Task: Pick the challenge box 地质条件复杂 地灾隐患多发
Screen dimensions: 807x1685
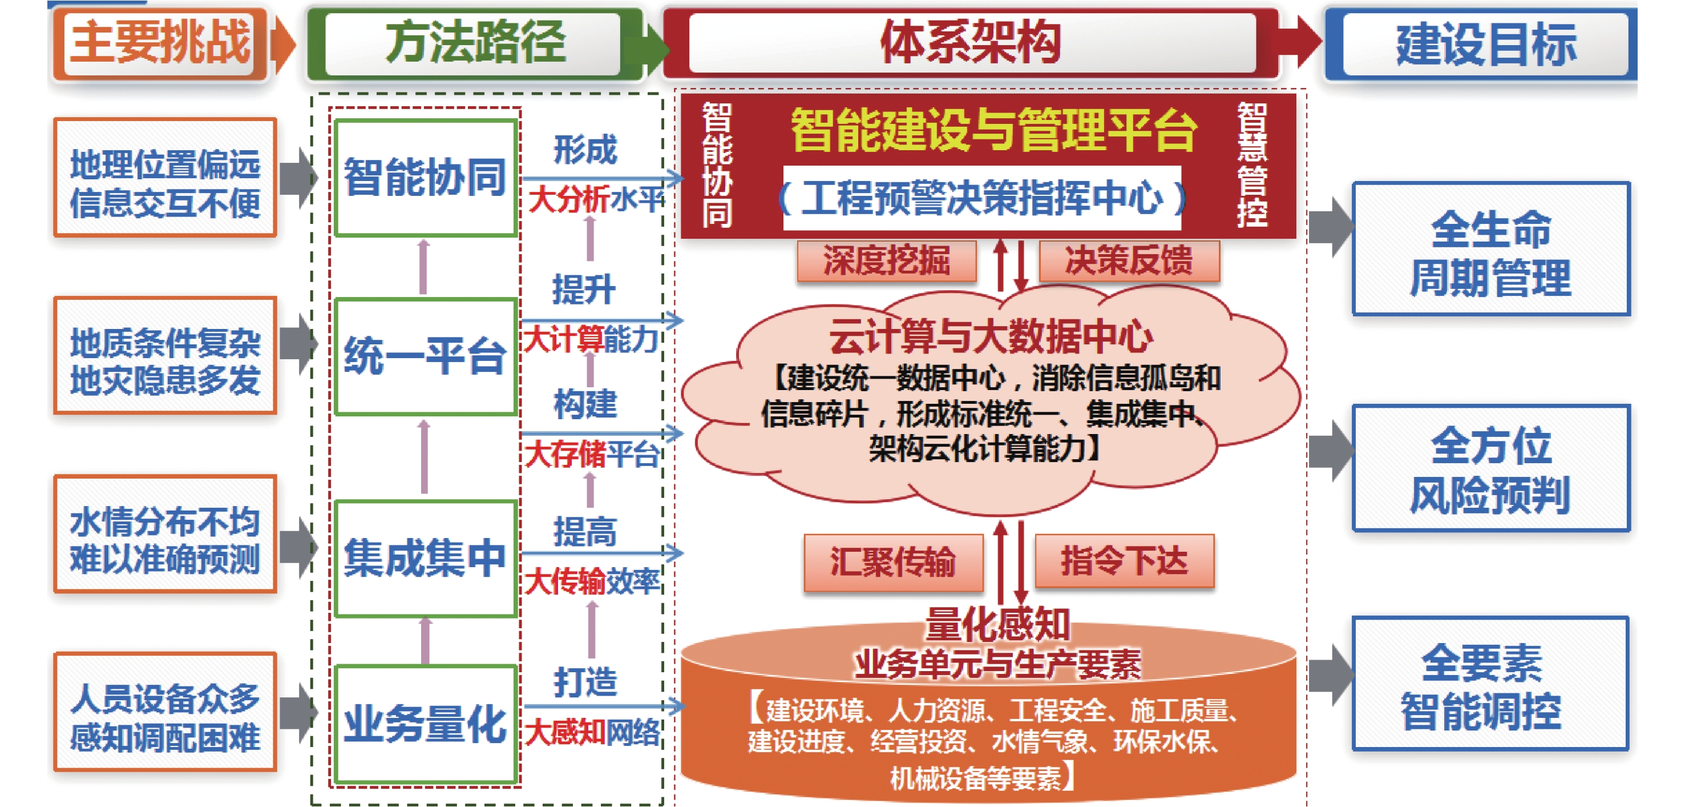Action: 165,356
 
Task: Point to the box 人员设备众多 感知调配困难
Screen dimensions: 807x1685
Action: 165,712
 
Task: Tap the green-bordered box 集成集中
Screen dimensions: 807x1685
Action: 425,559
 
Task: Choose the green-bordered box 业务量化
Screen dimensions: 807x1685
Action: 425,724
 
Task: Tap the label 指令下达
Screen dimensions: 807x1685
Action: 1124,561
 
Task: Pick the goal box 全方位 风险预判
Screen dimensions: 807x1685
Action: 1491,467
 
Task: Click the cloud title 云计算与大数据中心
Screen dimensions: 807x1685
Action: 991,336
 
